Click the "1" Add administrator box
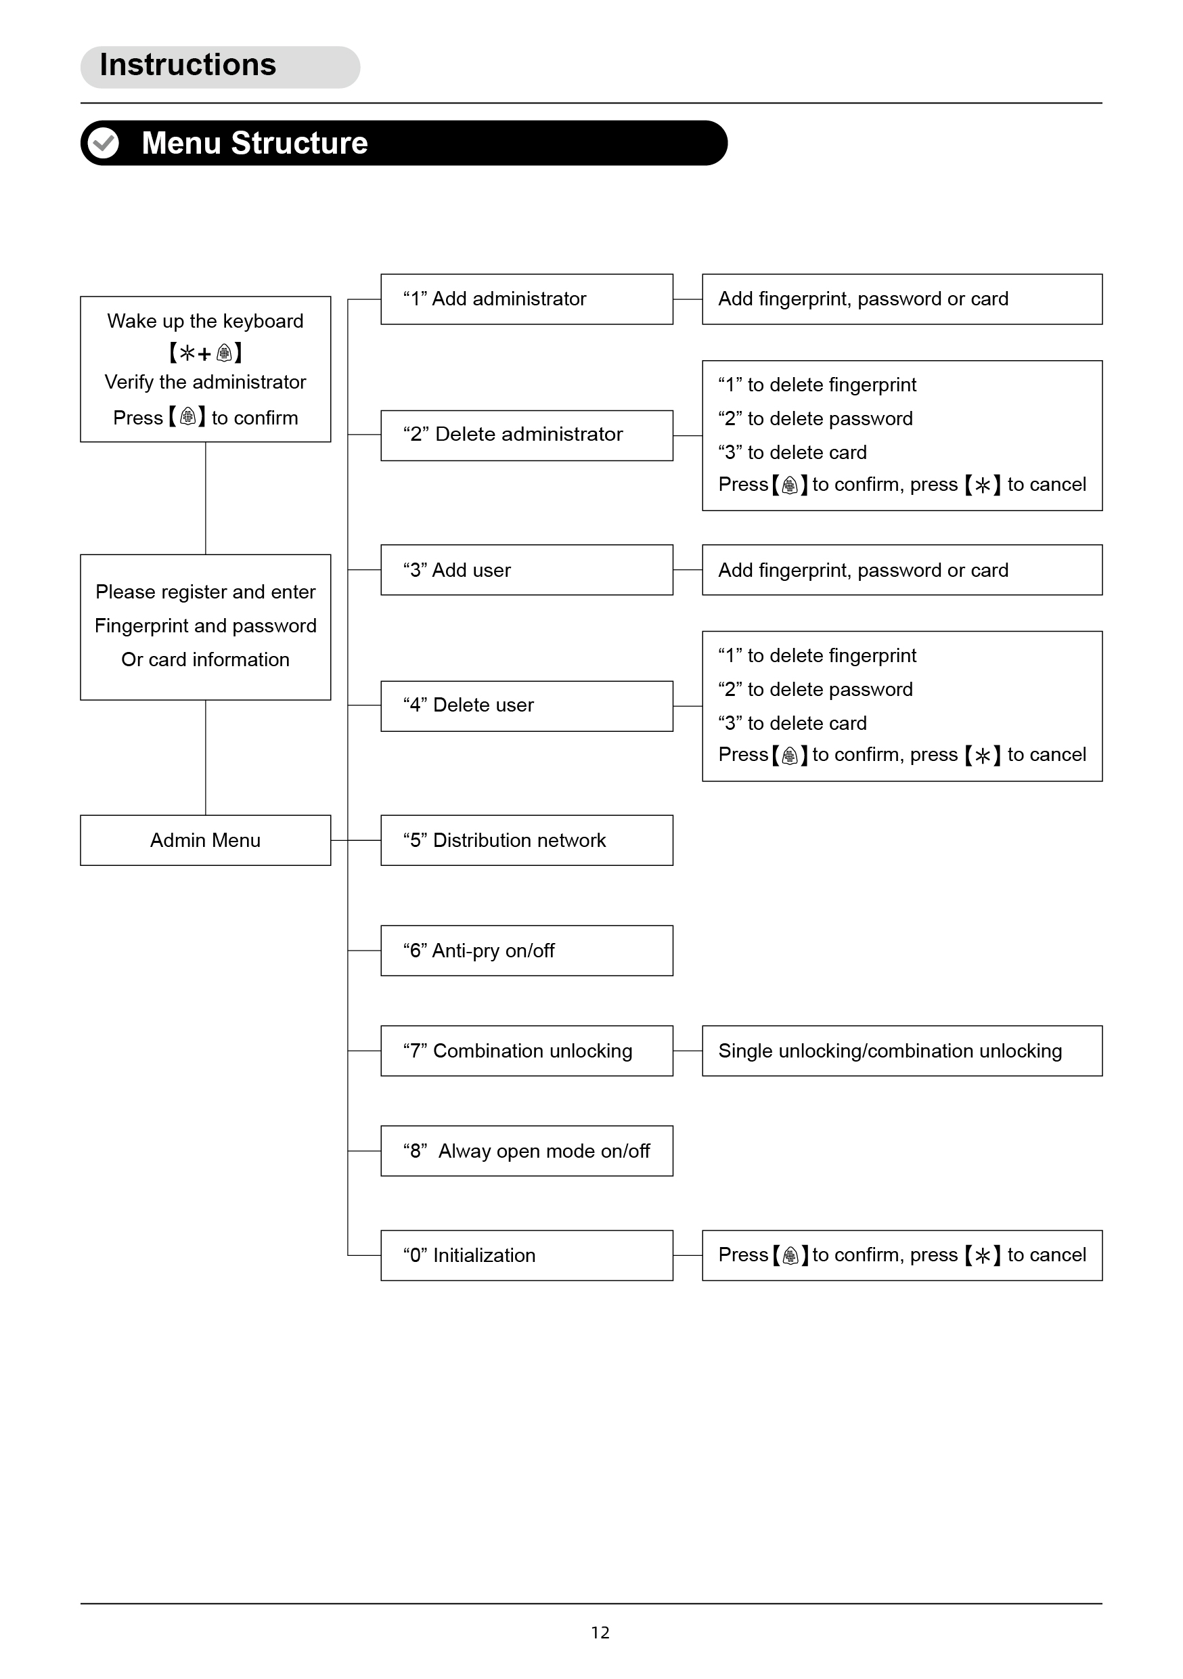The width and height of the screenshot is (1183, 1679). point(527,299)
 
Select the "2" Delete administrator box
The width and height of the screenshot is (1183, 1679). point(527,435)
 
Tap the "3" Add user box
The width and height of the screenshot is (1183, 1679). point(527,569)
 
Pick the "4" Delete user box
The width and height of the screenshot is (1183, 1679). point(527,705)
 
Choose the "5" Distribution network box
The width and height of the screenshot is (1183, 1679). point(527,840)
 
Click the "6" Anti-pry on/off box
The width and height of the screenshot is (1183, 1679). point(527,951)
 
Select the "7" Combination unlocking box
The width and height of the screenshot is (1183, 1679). point(527,1051)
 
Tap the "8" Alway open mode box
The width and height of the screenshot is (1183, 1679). point(527,1151)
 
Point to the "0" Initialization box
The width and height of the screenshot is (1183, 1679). point(527,1256)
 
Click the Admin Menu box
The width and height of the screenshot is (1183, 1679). point(206,840)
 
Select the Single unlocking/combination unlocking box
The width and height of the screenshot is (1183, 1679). point(902,1051)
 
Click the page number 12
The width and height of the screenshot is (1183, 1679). point(600,1632)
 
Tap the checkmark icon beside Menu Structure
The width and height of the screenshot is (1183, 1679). point(103,144)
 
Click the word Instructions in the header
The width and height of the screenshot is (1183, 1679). point(188,65)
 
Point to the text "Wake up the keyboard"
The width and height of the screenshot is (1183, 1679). point(206,321)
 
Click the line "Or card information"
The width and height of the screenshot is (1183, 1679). point(206,659)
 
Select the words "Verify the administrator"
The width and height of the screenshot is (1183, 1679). point(206,383)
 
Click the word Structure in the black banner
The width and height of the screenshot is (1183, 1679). point(300,144)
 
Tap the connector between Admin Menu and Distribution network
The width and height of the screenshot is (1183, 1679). point(356,840)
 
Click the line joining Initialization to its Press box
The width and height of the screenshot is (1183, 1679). point(688,1256)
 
